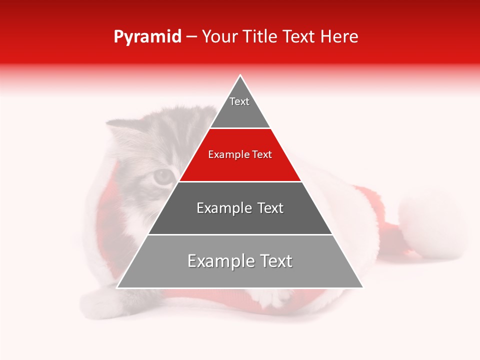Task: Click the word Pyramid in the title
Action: click(147, 37)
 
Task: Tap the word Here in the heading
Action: click(339, 36)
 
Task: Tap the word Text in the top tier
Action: click(239, 101)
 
